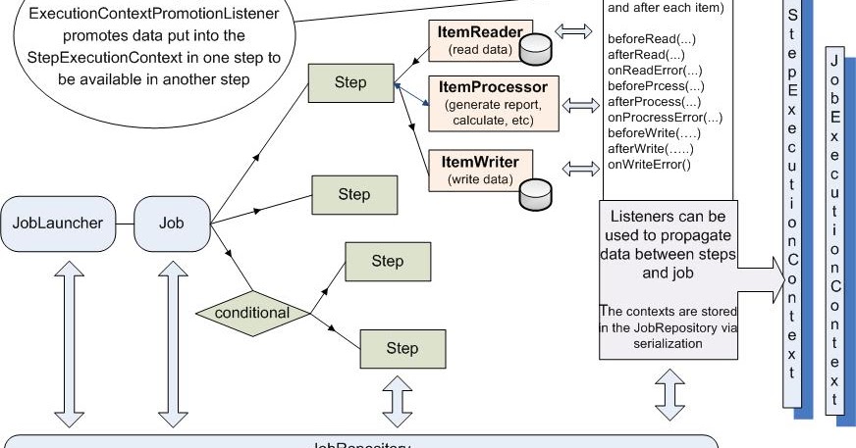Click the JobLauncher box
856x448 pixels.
pyautogui.click(x=58, y=223)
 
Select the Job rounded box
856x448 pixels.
pyautogui.click(x=172, y=223)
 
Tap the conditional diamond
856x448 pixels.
pyautogui.click(x=252, y=314)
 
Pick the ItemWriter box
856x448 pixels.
pyautogui.click(x=471, y=168)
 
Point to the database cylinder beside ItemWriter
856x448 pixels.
pyautogui.click(x=536, y=194)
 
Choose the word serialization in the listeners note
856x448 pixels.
pyautogui.click(x=667, y=344)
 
